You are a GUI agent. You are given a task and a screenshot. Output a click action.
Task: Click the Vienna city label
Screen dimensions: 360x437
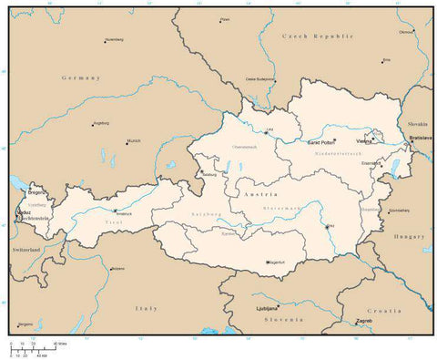[x=363, y=142]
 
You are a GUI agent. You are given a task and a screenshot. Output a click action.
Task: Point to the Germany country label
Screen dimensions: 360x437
[x=79, y=78]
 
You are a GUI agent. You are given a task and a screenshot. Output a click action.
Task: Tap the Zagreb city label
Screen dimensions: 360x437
[x=364, y=322]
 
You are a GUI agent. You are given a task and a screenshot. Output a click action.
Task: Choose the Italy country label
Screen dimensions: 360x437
[x=146, y=309]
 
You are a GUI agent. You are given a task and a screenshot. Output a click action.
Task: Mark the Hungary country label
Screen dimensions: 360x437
[x=401, y=236]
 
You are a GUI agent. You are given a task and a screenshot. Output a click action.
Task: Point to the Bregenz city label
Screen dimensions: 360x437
[x=36, y=193]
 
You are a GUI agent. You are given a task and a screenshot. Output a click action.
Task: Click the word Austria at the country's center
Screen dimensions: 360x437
[x=252, y=196]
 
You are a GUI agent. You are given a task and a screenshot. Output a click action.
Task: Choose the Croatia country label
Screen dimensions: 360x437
[x=383, y=311]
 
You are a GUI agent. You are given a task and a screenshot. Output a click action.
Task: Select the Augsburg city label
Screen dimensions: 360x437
[x=100, y=121]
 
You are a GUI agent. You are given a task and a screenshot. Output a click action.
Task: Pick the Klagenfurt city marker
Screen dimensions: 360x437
[x=267, y=262]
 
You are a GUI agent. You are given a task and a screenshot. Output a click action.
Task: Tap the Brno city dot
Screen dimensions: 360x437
[x=383, y=62]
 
